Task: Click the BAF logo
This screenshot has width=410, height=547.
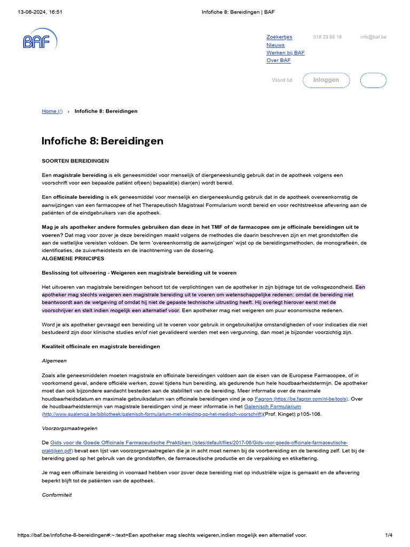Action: click(x=39, y=40)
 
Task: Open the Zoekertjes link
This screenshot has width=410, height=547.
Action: click(x=279, y=37)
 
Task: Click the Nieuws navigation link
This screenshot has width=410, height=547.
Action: click(x=275, y=45)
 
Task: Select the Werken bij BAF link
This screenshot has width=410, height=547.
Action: click(x=286, y=53)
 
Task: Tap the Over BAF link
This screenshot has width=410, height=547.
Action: click(x=279, y=60)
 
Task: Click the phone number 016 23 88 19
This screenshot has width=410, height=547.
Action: click(x=327, y=37)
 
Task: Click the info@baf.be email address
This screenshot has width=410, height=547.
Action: click(x=373, y=37)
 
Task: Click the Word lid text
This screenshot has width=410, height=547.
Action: click(x=282, y=80)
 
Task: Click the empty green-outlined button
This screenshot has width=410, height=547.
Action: click(x=373, y=80)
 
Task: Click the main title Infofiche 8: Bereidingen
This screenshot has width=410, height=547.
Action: click(x=102, y=141)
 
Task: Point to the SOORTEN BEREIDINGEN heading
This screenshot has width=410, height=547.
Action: click(x=75, y=161)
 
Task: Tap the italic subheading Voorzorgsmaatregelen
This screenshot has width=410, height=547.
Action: click(x=69, y=428)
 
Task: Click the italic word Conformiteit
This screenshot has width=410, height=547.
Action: click(x=57, y=495)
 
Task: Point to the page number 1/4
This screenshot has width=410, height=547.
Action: click(x=389, y=535)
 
